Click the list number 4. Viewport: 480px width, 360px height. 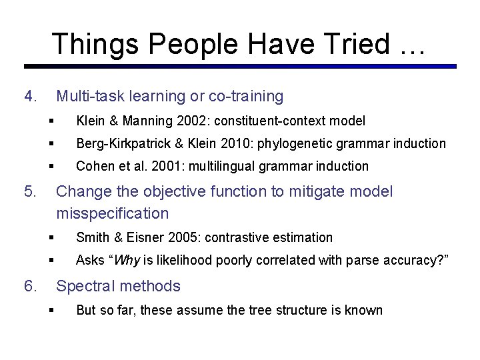[x=29, y=97]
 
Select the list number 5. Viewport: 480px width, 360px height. [x=29, y=192]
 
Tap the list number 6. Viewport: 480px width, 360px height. [x=29, y=287]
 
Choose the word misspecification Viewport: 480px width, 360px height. [x=113, y=213]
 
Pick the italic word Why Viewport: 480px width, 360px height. [x=127, y=260]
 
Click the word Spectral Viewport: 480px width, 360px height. [x=84, y=287]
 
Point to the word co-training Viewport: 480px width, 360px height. [x=246, y=97]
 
